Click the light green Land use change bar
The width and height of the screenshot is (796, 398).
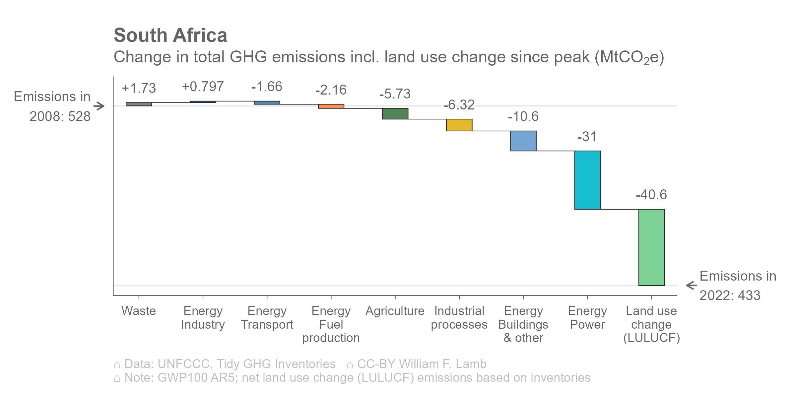[651, 247]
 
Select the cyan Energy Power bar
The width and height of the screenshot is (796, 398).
[587, 180]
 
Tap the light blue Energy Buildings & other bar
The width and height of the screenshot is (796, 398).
[523, 141]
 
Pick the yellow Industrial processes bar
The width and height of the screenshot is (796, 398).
[459, 125]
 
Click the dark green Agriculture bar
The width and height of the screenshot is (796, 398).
[395, 114]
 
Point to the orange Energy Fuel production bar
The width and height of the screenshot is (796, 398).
[331, 106]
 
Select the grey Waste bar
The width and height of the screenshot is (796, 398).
[139, 104]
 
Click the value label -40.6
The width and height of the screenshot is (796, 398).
[651, 195]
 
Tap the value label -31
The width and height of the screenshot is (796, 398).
[587, 137]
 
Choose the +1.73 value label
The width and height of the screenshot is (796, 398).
[139, 88]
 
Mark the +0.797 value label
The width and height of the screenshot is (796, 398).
[203, 87]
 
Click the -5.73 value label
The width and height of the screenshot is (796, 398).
[395, 94]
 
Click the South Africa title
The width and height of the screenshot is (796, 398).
[170, 35]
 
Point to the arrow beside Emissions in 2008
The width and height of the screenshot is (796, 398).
[99, 106]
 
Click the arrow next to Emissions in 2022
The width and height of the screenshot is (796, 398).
[692, 285]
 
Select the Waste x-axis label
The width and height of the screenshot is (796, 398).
[139, 311]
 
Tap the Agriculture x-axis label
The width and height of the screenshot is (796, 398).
[395, 311]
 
